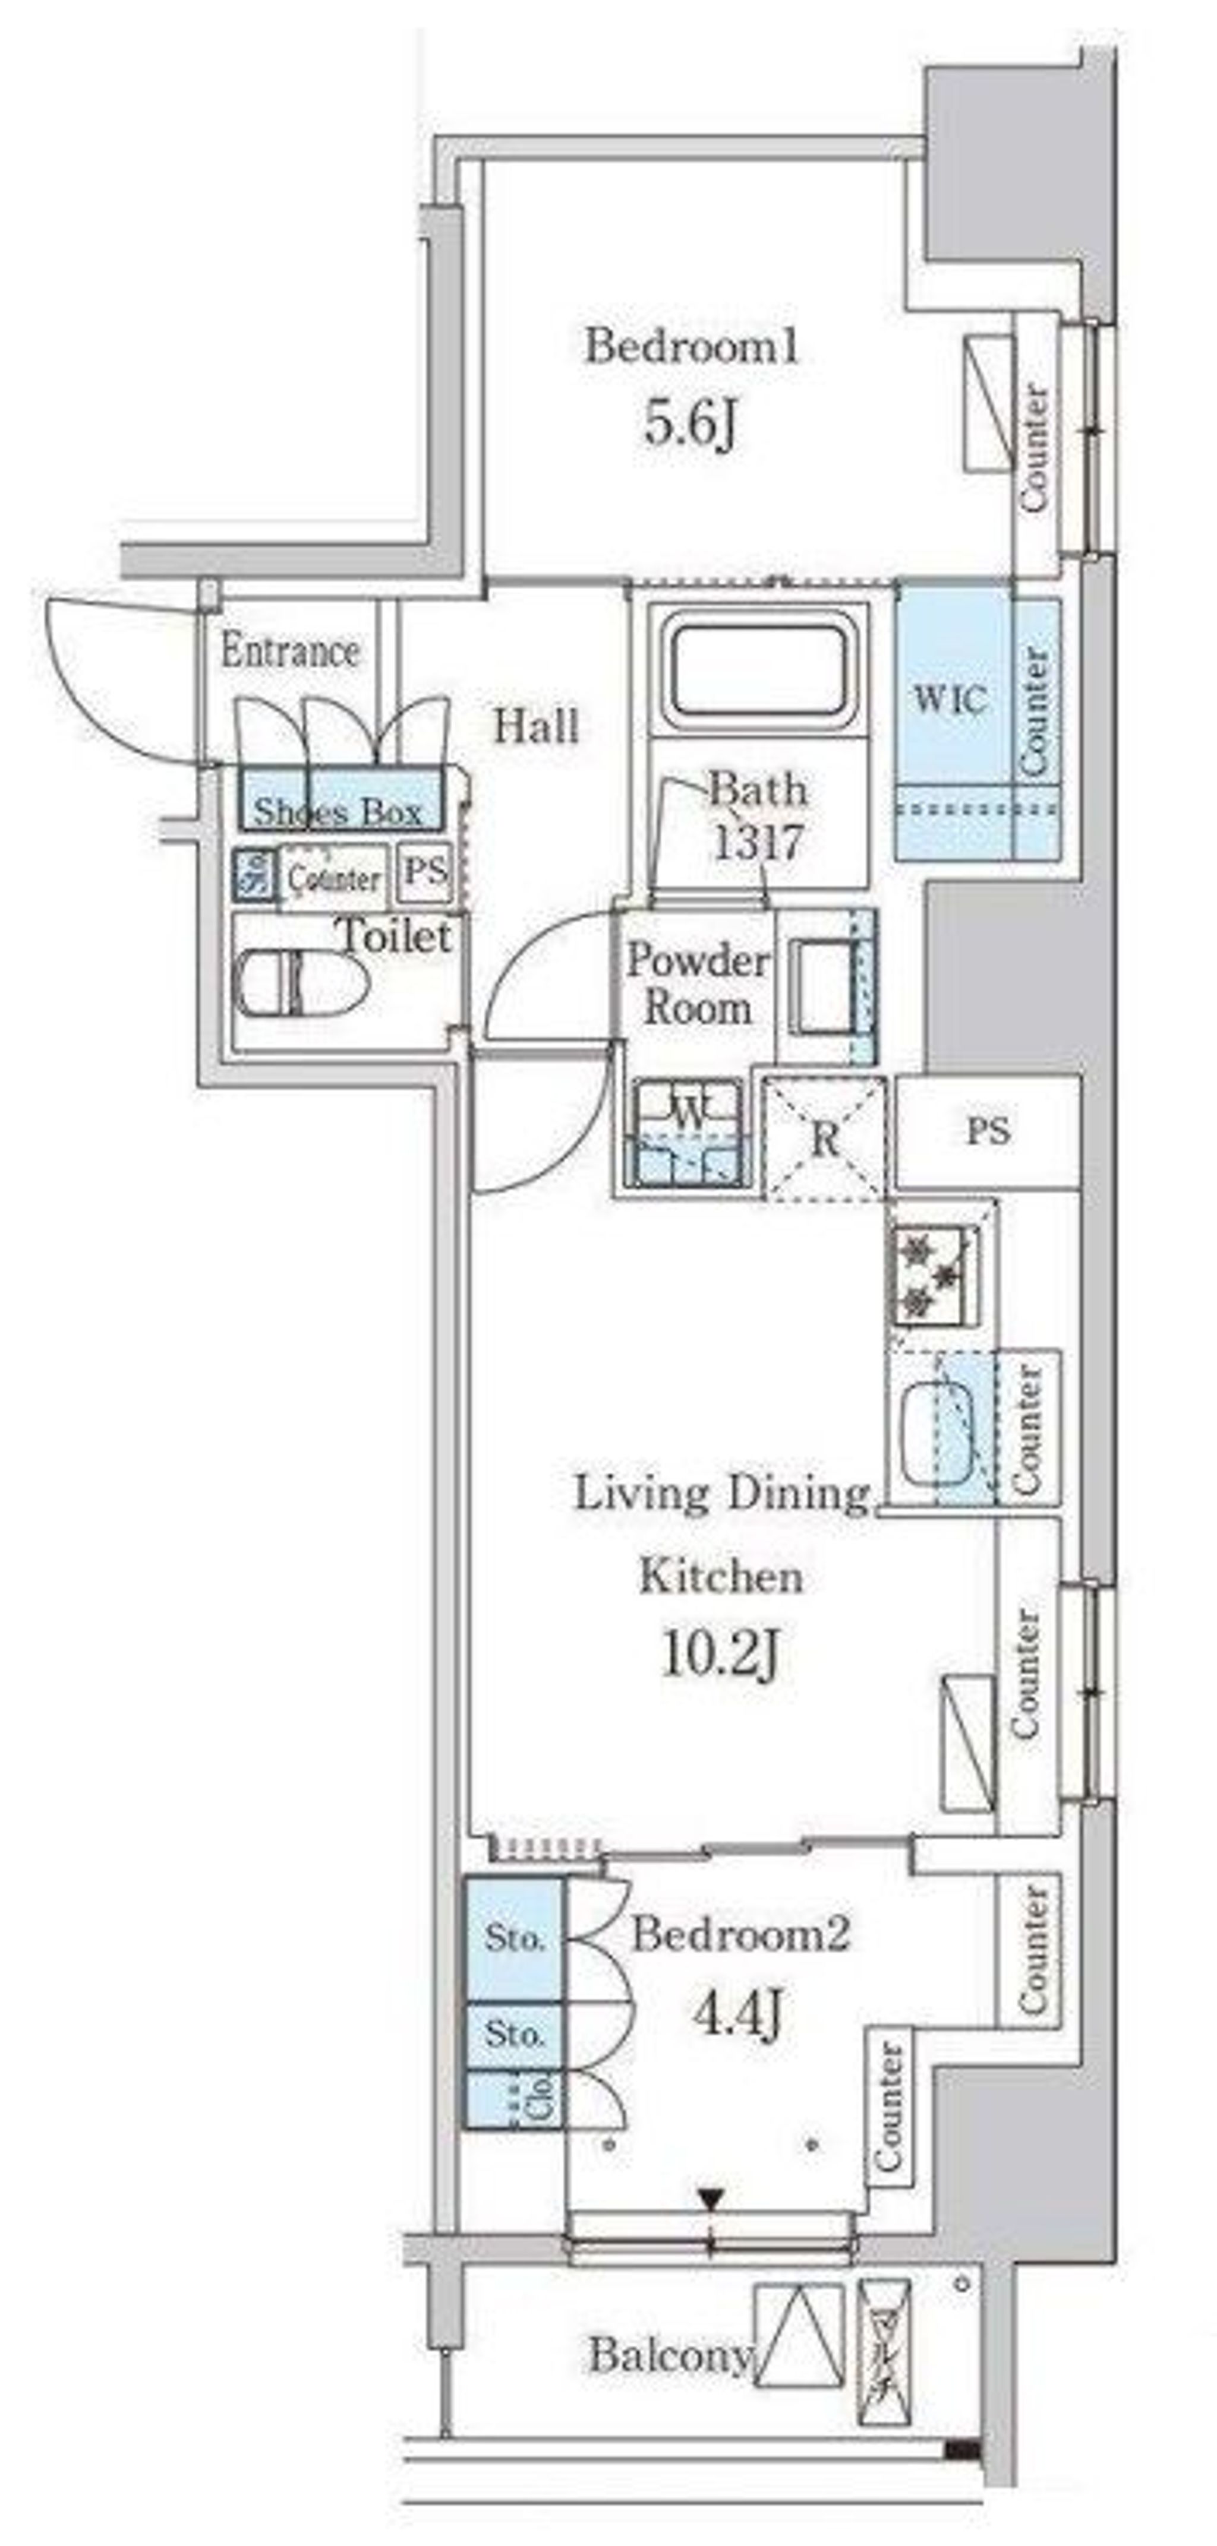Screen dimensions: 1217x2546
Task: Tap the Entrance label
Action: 289,650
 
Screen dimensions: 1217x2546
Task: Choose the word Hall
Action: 536,728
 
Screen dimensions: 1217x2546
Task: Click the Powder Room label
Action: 698,983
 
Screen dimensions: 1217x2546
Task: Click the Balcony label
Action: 669,2358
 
